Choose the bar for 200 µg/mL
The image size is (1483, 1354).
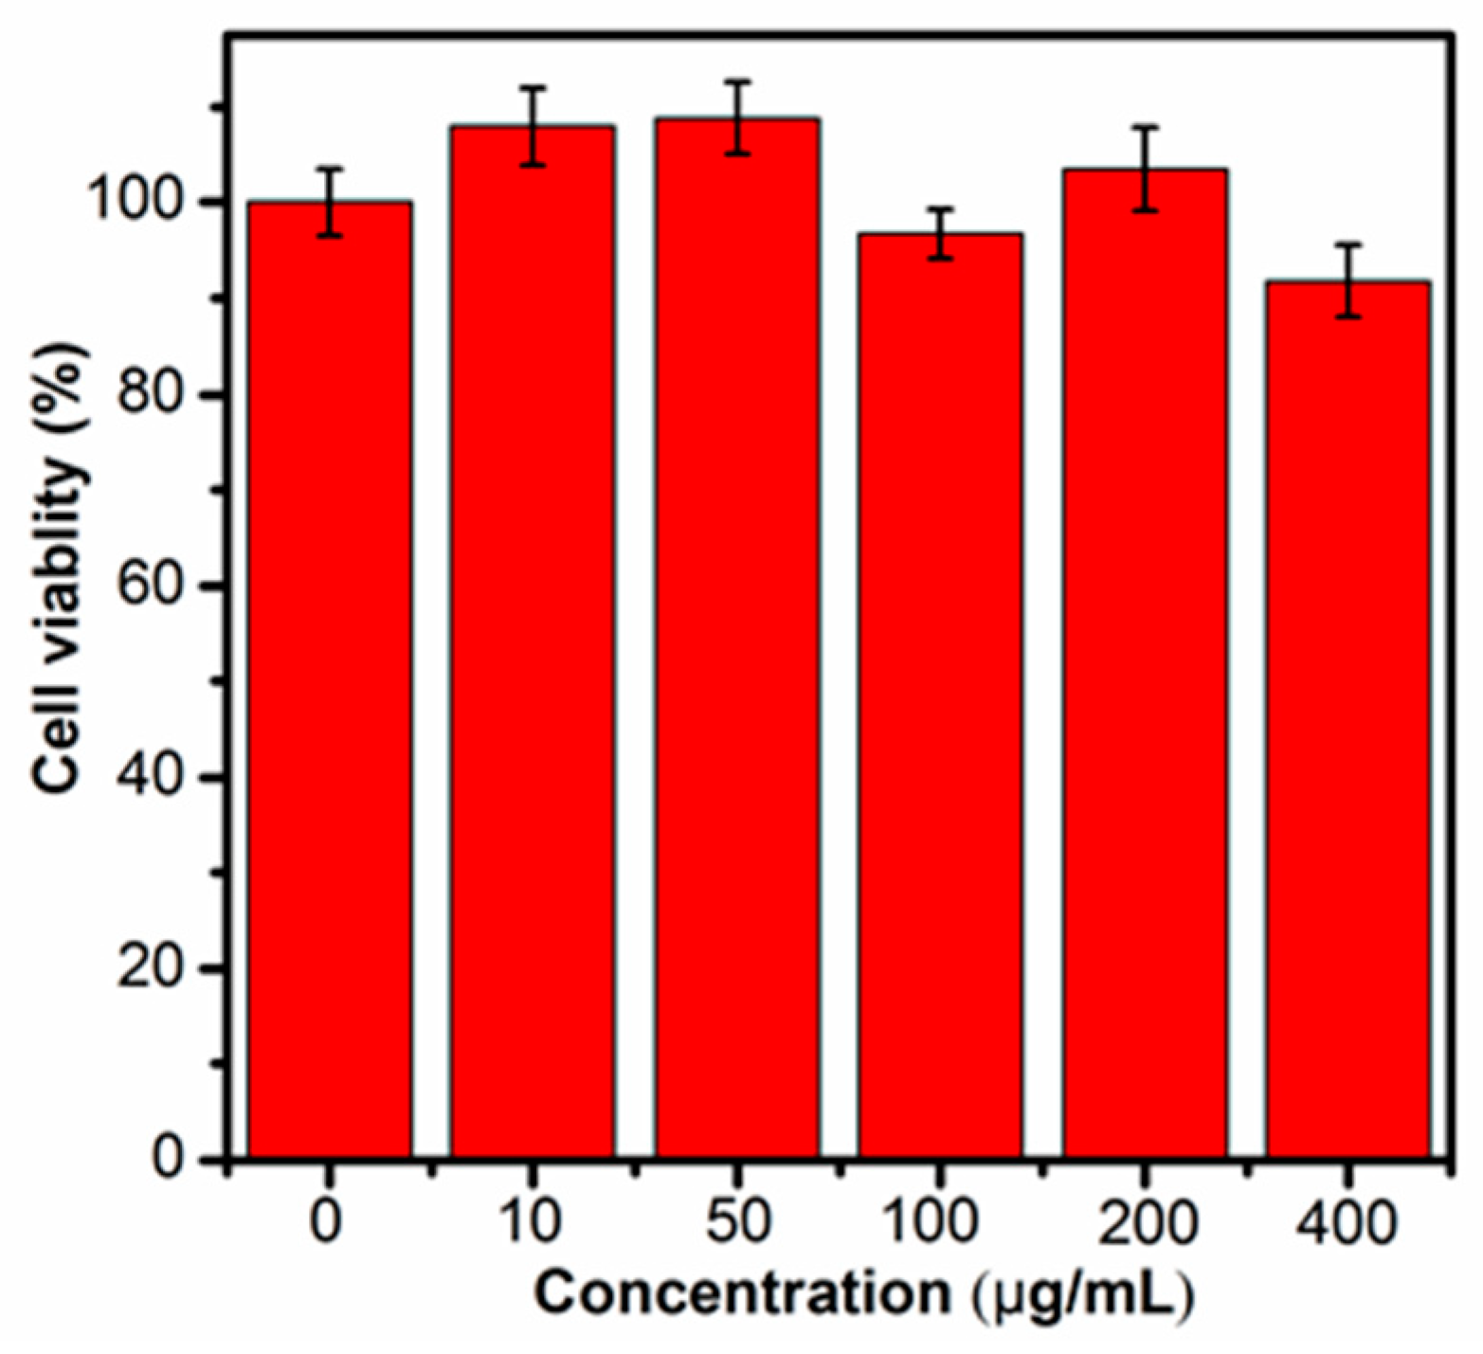(x=1144, y=663)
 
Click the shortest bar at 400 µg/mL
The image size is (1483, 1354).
(x=1347, y=719)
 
